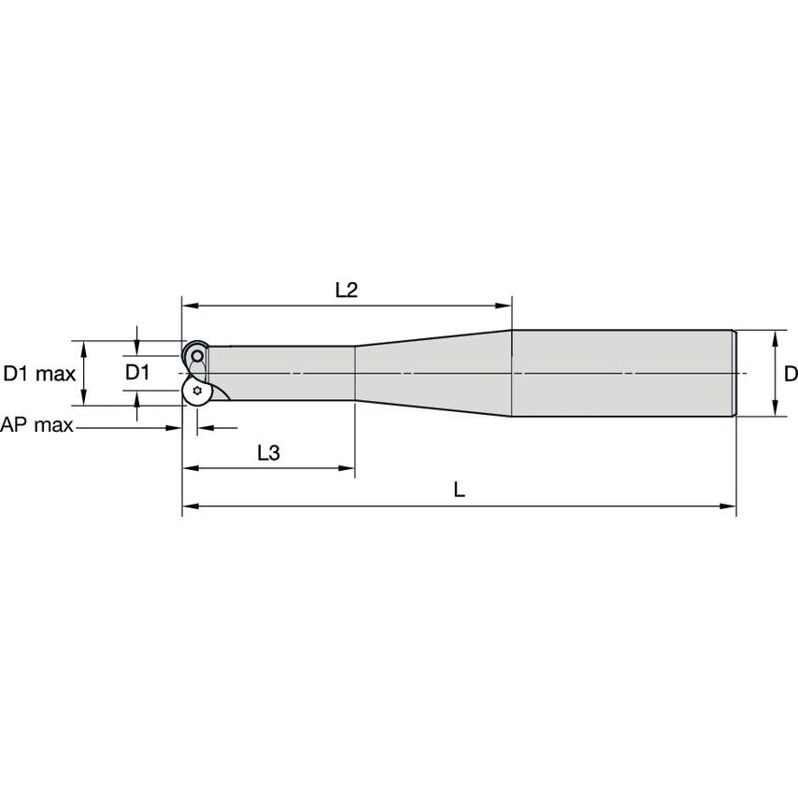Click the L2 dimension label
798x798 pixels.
pos(347,290)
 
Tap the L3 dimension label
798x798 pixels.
pos(268,452)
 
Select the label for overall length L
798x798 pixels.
pos(459,490)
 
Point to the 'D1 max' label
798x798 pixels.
pos(39,374)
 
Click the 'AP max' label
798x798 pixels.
pos(36,424)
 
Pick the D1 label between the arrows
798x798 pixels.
pos(137,373)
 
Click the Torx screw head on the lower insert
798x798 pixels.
pos(197,391)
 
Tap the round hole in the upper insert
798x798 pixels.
pos(197,356)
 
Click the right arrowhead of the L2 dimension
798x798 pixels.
pos(504,306)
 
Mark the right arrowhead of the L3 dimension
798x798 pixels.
pos(347,468)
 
